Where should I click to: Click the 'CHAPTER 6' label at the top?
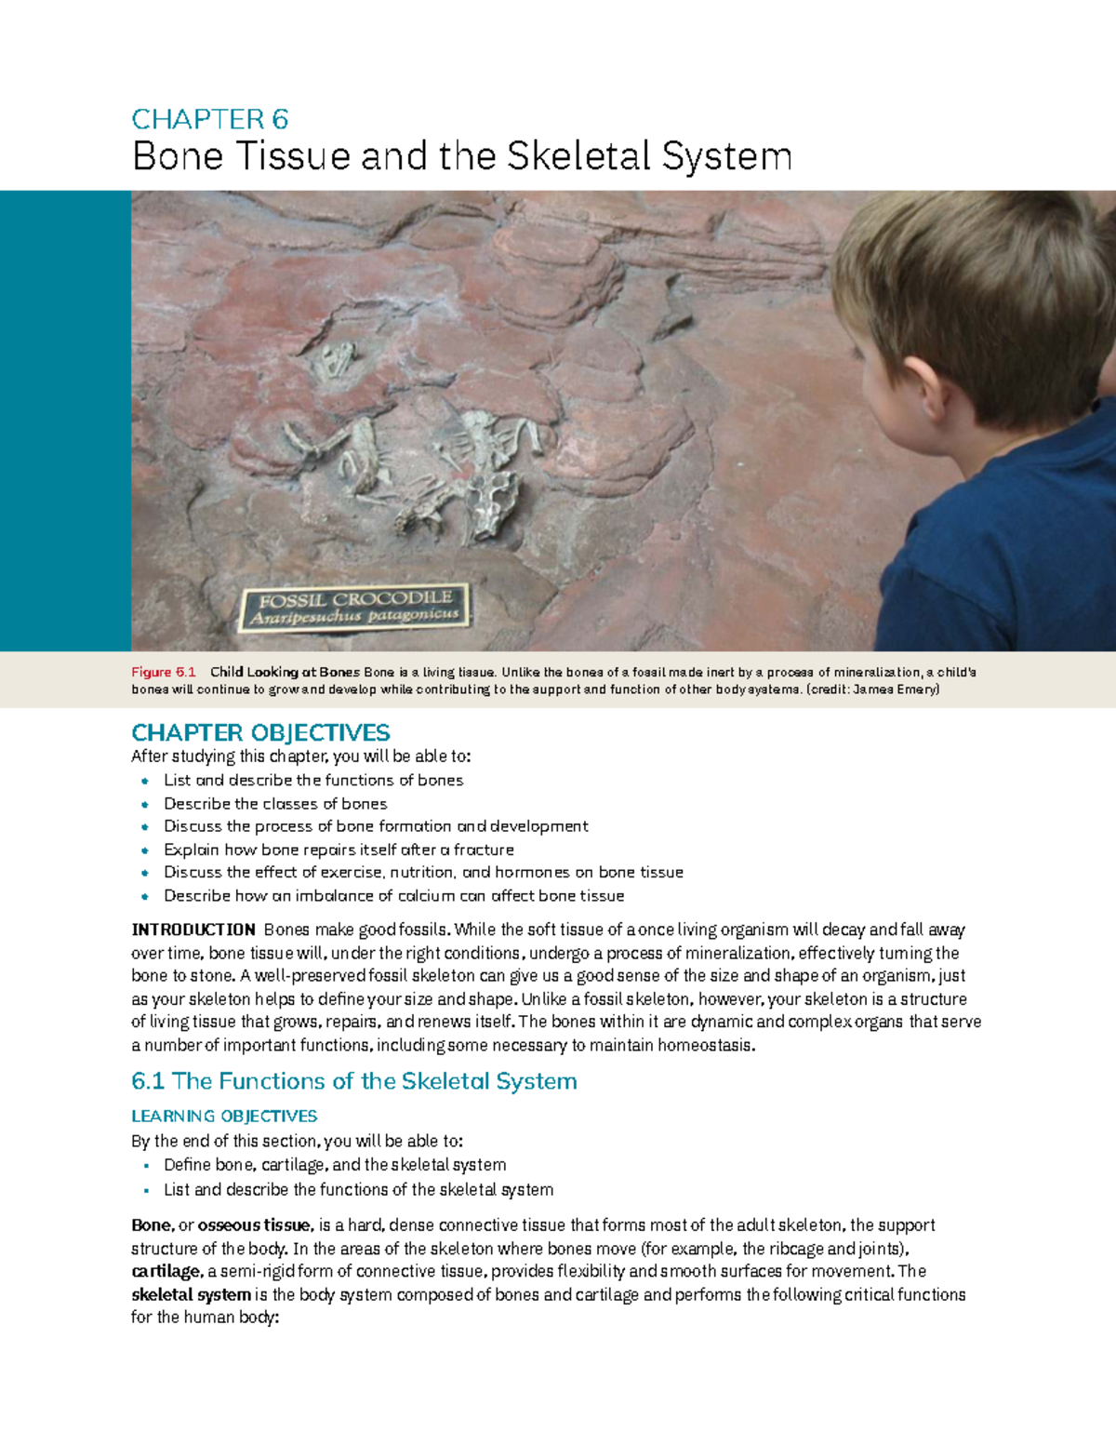(209, 119)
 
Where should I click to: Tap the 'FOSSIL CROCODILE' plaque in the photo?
(353, 607)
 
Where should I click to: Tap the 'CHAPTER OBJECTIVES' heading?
(260, 732)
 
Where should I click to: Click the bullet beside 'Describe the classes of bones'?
(145, 804)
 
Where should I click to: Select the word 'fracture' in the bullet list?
(484, 850)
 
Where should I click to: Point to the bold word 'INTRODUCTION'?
(193, 930)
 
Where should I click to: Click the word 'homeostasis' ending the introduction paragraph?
(706, 1045)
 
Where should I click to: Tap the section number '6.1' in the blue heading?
(148, 1081)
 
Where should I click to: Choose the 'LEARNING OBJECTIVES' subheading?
(224, 1116)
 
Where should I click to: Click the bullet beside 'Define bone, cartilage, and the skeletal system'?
(145, 1166)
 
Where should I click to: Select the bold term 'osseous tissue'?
(253, 1225)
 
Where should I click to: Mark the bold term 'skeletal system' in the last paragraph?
(191, 1295)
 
